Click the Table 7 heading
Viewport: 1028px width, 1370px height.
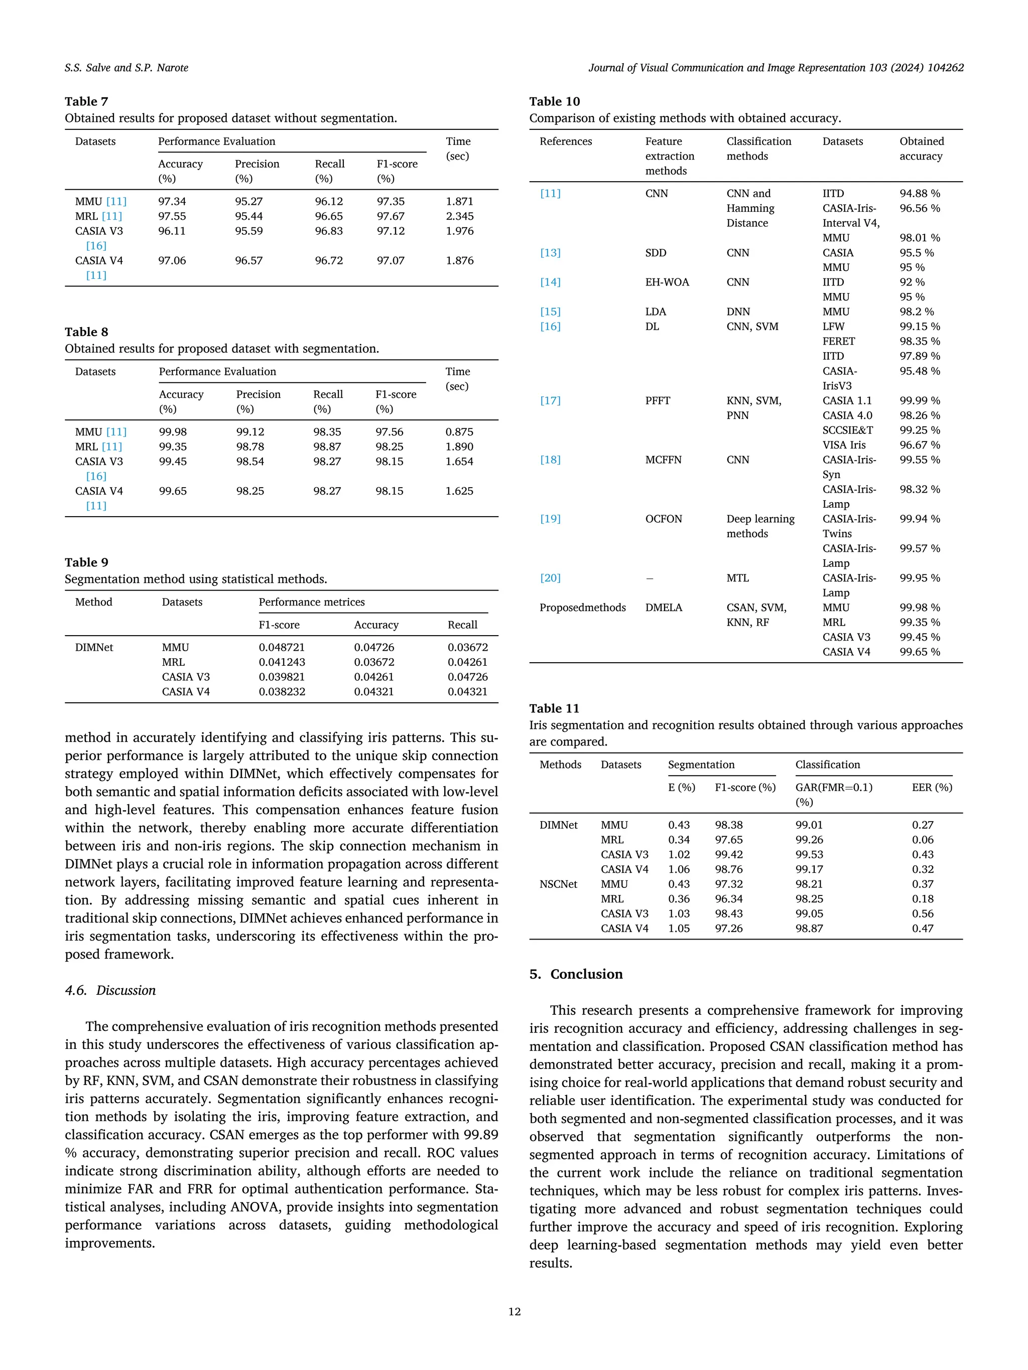86,101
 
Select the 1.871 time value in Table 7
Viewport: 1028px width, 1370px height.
459,201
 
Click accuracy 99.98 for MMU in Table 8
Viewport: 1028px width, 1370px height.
172,432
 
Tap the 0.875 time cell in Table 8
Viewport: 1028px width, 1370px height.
459,432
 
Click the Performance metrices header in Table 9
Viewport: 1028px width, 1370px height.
311,602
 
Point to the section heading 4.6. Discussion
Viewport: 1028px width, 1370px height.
110,990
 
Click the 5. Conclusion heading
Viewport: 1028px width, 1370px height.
576,974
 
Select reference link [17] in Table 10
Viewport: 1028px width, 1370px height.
550,401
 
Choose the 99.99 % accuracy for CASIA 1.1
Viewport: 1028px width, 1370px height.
920,401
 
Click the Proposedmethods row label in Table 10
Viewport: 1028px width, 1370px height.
582,607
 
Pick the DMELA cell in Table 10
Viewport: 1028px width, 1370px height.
663,607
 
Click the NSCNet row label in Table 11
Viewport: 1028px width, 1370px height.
558,884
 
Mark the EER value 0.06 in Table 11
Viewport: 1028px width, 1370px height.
922,840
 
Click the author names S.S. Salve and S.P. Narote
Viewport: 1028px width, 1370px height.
126,68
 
